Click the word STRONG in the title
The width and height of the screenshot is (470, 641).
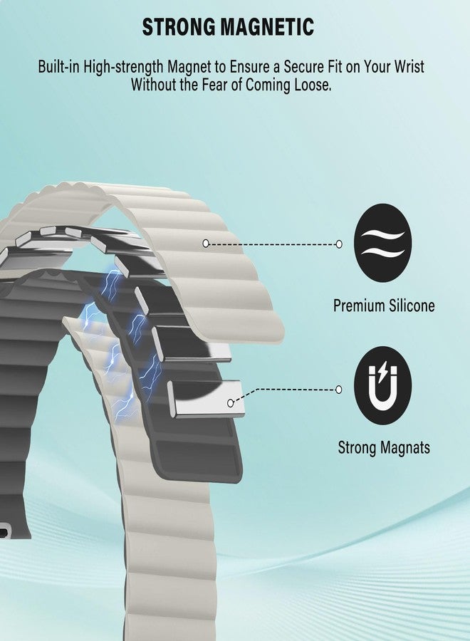click(x=179, y=27)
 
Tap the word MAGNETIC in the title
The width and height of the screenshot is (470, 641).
click(x=268, y=27)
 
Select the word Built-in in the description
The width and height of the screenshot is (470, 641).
click(x=58, y=66)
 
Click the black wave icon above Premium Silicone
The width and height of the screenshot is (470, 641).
click(x=382, y=243)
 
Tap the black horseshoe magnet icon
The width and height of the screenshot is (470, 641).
click(x=382, y=385)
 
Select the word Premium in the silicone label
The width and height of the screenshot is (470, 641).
click(x=359, y=306)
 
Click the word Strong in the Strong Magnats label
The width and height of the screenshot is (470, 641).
click(x=357, y=448)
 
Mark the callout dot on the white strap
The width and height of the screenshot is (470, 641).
click(x=206, y=244)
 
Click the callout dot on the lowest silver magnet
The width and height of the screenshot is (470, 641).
click(x=231, y=403)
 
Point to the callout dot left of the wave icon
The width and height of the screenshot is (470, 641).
click(x=339, y=244)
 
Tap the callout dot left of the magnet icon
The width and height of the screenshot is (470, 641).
click(x=338, y=389)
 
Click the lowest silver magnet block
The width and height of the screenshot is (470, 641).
click(x=206, y=400)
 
